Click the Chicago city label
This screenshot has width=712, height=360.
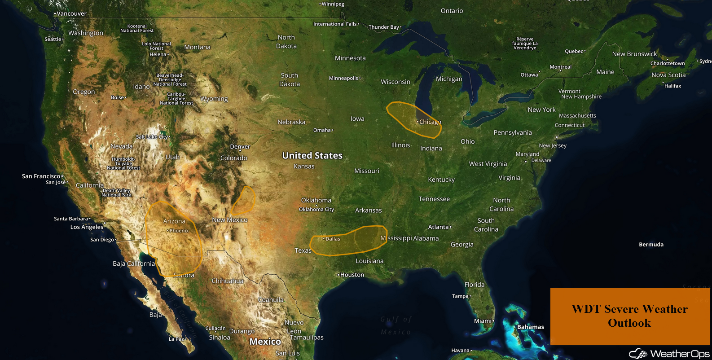pos(430,122)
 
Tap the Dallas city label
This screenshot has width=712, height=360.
pos(333,239)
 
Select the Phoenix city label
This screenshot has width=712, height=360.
pos(179,231)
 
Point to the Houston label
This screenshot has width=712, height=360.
pos(352,275)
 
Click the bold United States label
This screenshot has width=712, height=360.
pos(312,155)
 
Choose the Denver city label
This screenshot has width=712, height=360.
pos(240,147)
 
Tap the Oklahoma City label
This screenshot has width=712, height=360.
pos(316,209)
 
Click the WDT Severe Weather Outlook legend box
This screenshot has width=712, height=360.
pos(629,316)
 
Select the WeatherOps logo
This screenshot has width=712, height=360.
pos(669,353)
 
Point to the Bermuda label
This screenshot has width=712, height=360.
pos(651,245)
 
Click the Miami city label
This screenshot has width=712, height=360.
pos(483,321)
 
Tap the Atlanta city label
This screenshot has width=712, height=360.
pos(439,227)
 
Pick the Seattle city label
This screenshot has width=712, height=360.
pos(53,40)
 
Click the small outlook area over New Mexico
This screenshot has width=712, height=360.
pos(244,200)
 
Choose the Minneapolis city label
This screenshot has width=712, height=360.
pos(344,78)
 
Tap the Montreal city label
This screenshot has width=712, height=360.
pos(561,67)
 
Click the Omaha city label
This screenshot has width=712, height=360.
pos(322,130)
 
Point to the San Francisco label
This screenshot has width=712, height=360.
pos(41,176)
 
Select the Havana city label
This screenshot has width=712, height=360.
pos(461,351)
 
